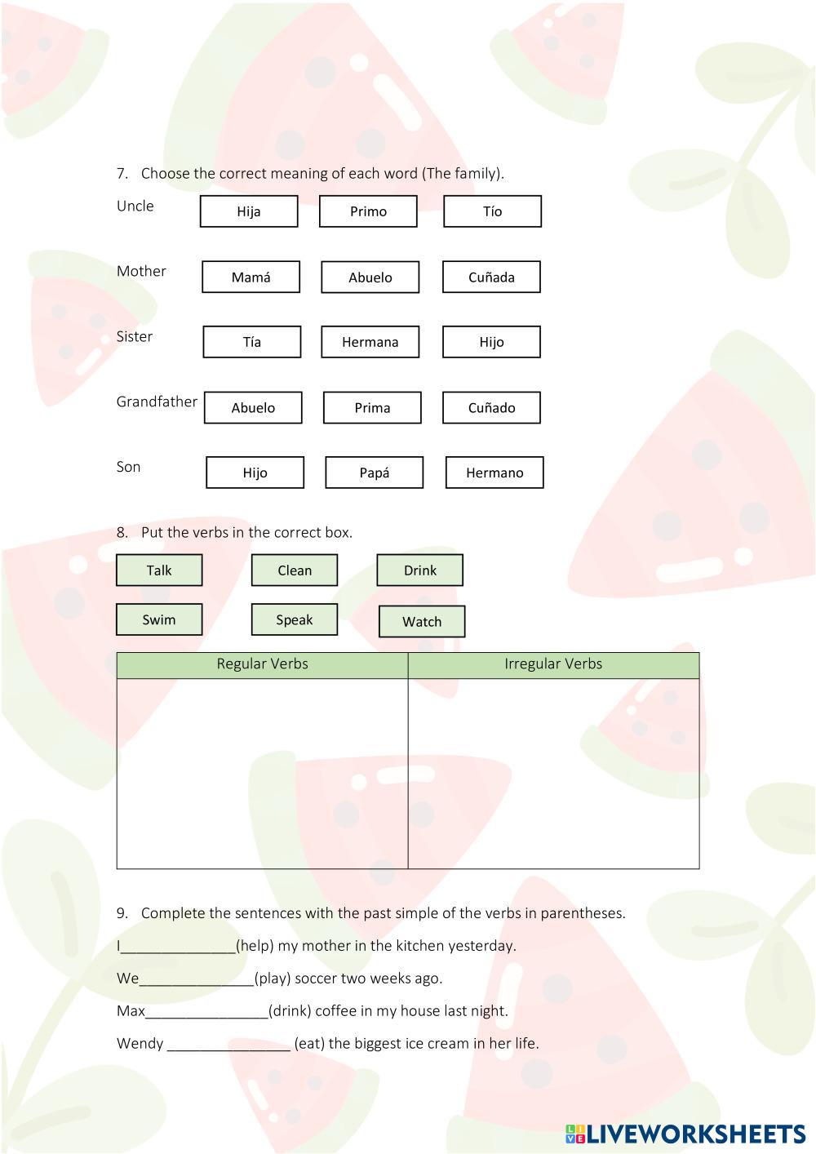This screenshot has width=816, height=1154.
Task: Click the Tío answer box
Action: tap(492, 211)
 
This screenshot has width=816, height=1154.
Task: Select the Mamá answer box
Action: tap(251, 277)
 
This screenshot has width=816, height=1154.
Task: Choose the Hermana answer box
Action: tap(370, 342)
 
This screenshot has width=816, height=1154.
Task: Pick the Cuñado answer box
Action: tap(491, 407)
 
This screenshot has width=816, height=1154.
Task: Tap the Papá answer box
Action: tap(374, 473)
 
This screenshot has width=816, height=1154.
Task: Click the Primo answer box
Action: tap(368, 211)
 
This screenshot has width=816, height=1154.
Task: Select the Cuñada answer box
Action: tap(491, 277)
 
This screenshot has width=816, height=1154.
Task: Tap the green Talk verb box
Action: tap(159, 570)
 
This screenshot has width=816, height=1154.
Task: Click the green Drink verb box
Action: tap(419, 570)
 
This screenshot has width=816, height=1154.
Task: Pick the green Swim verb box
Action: tap(159, 619)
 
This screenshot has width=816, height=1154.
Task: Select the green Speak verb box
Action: tap(294, 619)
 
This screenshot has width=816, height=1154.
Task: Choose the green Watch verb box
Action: tap(422, 622)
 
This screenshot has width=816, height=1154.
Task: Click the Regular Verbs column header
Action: tap(262, 664)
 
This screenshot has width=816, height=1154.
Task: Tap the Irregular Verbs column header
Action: tap(553, 664)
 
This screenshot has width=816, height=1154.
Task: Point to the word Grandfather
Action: tap(157, 402)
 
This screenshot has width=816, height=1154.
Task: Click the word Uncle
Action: tap(135, 206)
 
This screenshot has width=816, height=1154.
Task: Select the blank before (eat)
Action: tap(228, 1045)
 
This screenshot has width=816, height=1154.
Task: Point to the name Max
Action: tap(131, 1011)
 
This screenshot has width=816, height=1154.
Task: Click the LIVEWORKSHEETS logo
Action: tap(685, 1134)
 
